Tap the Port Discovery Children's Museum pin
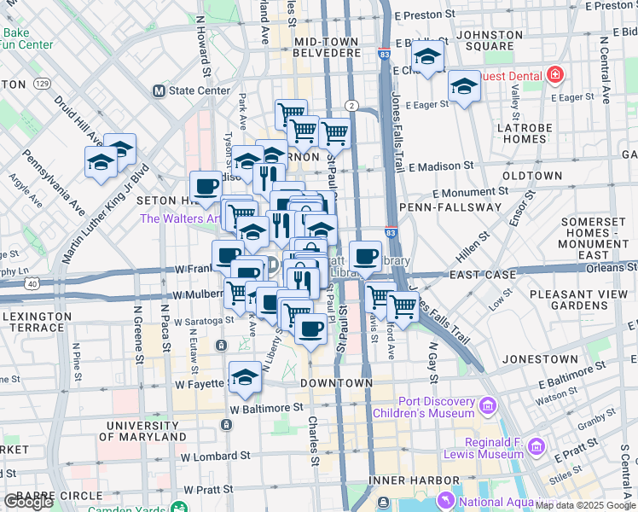coord(488,403)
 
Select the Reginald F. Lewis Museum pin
coord(536,445)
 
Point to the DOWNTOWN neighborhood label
coord(336,383)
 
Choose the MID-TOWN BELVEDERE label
coord(328,46)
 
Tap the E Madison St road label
coord(440,166)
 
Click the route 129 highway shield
coord(41,84)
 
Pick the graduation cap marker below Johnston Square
coord(464,85)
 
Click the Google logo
coord(28,502)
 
